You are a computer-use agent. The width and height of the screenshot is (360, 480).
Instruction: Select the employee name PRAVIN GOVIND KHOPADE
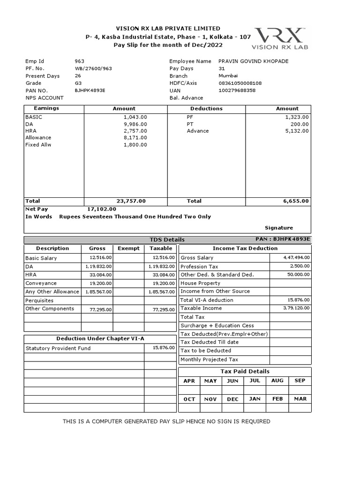253,61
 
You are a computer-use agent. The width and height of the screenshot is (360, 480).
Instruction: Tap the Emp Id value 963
80,61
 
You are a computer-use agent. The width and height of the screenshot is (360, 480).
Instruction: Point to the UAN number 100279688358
237,90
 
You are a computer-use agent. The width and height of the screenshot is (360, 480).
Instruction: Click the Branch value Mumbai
228,75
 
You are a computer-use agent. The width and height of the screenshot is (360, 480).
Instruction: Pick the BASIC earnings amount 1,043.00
135,117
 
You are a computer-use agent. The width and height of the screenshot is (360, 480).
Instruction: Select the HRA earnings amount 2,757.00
135,131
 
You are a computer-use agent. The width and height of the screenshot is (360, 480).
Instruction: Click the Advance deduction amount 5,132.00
297,131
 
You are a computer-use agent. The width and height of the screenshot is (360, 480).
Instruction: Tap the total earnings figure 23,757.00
131,201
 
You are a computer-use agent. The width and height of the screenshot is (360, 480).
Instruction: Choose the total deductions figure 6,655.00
296,201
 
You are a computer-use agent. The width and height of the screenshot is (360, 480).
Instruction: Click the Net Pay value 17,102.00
102,209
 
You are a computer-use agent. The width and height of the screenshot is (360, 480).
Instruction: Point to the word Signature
279,228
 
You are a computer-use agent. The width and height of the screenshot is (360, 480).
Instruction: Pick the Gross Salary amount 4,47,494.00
297,257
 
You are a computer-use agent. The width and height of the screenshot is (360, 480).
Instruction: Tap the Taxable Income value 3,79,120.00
297,308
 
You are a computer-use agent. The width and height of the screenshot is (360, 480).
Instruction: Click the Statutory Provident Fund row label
58,348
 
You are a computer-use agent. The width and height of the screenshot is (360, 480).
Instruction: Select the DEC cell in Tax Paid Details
232,399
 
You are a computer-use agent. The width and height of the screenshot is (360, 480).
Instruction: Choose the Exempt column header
128,248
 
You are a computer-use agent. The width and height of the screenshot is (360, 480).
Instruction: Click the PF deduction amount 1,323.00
297,117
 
